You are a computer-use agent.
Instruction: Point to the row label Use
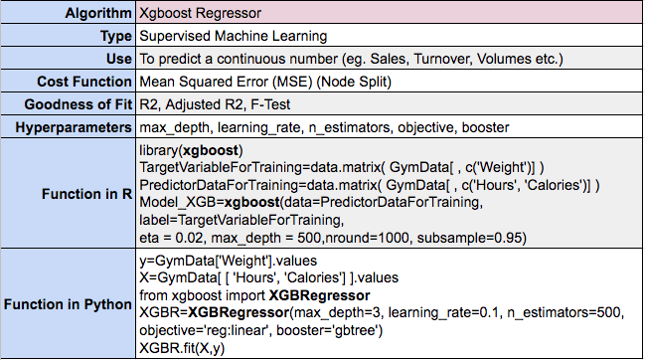(118, 59)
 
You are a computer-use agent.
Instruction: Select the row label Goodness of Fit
(78, 103)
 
